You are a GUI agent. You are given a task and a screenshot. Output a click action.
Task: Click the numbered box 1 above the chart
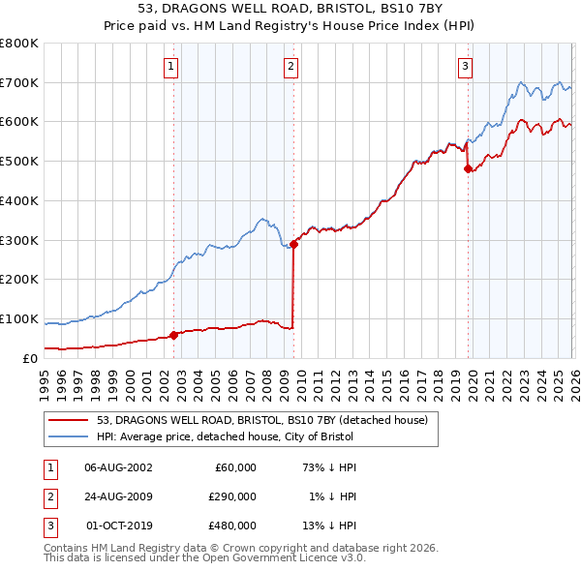pos(170,67)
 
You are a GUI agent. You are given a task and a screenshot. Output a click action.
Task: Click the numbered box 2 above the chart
pos(290,67)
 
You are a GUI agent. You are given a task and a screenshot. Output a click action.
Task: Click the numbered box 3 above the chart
pos(465,67)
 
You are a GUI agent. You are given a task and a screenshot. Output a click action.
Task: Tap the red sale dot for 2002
pos(173,335)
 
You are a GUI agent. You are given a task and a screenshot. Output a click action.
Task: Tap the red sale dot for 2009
pos(293,244)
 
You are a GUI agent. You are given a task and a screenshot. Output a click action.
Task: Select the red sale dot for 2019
pos(468,168)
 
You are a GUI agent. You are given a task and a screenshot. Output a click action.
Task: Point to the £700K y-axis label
pos(19,82)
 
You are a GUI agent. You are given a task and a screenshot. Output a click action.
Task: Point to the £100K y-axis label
pos(19,318)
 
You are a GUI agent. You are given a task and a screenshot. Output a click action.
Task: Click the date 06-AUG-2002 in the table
pos(119,467)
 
